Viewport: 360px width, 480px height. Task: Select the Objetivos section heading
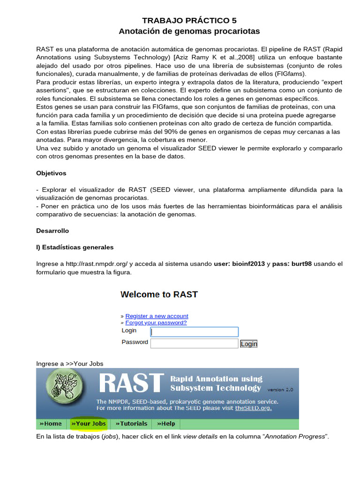(51, 173)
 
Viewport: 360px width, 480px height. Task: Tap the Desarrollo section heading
(52, 231)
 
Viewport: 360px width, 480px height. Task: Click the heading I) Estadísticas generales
(75, 247)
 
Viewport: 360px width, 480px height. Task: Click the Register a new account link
(157, 316)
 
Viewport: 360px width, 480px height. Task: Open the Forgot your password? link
(156, 322)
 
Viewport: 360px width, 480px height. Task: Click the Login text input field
(194, 332)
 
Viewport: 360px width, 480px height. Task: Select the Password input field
(194, 344)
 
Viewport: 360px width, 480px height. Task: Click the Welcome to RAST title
(159, 294)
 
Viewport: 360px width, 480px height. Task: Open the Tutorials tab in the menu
(131, 424)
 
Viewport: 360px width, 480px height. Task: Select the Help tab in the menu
(166, 424)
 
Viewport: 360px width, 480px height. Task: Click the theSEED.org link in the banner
(253, 408)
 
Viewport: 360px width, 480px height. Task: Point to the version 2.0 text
(280, 390)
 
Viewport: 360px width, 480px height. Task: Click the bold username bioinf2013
(248, 264)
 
